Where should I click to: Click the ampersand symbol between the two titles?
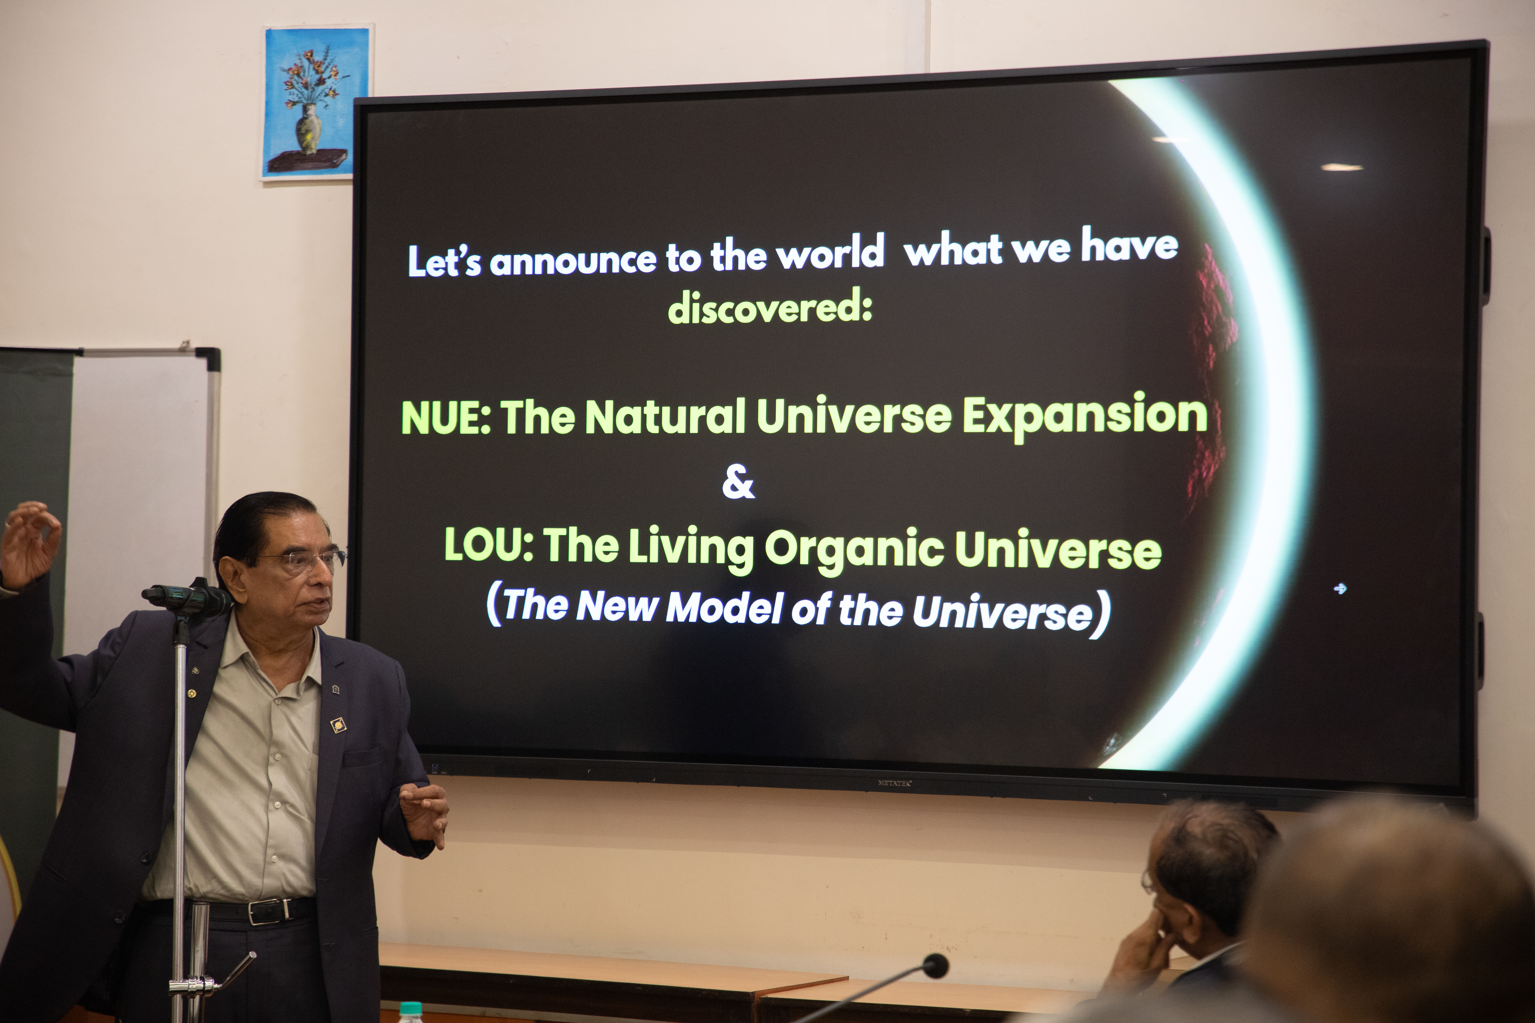[x=738, y=483]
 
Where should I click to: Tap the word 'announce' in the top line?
[x=573, y=260]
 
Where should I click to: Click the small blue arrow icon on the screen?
[x=1340, y=588]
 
